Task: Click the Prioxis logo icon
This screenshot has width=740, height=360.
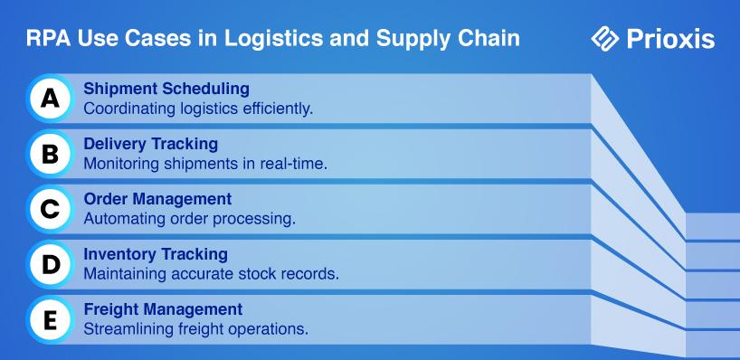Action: tap(605, 39)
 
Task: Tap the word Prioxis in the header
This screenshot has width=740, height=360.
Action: tap(670, 39)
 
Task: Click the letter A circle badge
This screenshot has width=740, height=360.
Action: tap(50, 99)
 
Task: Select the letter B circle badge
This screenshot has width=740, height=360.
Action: tap(50, 154)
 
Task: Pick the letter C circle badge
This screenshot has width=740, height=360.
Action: tap(50, 209)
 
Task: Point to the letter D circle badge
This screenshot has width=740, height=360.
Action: tap(50, 264)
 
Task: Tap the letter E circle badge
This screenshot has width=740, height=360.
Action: tap(50, 320)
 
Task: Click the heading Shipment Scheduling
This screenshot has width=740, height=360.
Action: tap(166, 89)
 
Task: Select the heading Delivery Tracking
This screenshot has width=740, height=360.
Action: tap(150, 144)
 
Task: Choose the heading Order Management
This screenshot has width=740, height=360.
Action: tap(157, 199)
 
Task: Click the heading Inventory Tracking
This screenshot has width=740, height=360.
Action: tap(156, 254)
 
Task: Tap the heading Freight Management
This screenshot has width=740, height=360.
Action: tap(163, 309)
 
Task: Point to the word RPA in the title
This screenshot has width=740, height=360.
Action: tap(48, 39)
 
